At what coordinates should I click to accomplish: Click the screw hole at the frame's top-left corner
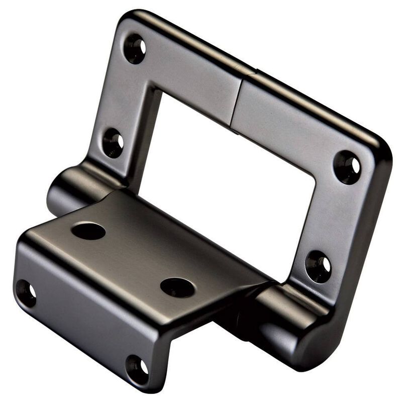(x=135, y=49)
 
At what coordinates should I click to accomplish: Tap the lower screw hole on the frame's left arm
(x=113, y=143)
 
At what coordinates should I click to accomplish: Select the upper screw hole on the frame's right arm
(x=348, y=167)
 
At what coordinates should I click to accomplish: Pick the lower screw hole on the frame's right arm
(x=319, y=266)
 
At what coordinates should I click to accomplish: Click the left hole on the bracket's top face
(x=88, y=231)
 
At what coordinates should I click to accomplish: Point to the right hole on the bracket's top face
(x=177, y=287)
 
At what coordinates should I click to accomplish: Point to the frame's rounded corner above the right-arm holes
(x=379, y=146)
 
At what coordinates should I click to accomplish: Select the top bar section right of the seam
(x=291, y=121)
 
